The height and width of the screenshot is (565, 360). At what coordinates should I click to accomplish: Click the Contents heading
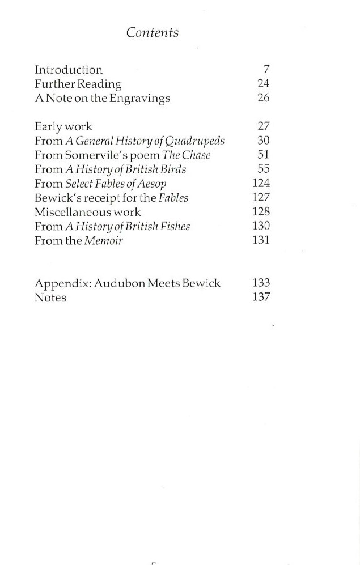coord(153,33)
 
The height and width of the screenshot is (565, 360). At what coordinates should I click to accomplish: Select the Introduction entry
coord(69,70)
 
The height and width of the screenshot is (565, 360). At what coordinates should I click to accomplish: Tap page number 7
coord(266,70)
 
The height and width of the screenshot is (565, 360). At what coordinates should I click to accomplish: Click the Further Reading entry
coord(78,84)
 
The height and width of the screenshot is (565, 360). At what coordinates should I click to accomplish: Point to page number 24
coord(263,84)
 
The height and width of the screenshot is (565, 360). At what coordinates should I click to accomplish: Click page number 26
coord(263,98)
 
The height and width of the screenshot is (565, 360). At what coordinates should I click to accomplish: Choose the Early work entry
coord(63,127)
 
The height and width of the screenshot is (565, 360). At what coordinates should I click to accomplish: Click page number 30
coord(263,141)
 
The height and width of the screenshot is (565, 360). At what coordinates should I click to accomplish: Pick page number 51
coord(263,155)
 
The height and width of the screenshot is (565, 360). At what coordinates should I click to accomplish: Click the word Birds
coord(172,169)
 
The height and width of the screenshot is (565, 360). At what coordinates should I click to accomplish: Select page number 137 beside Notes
coord(261,297)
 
